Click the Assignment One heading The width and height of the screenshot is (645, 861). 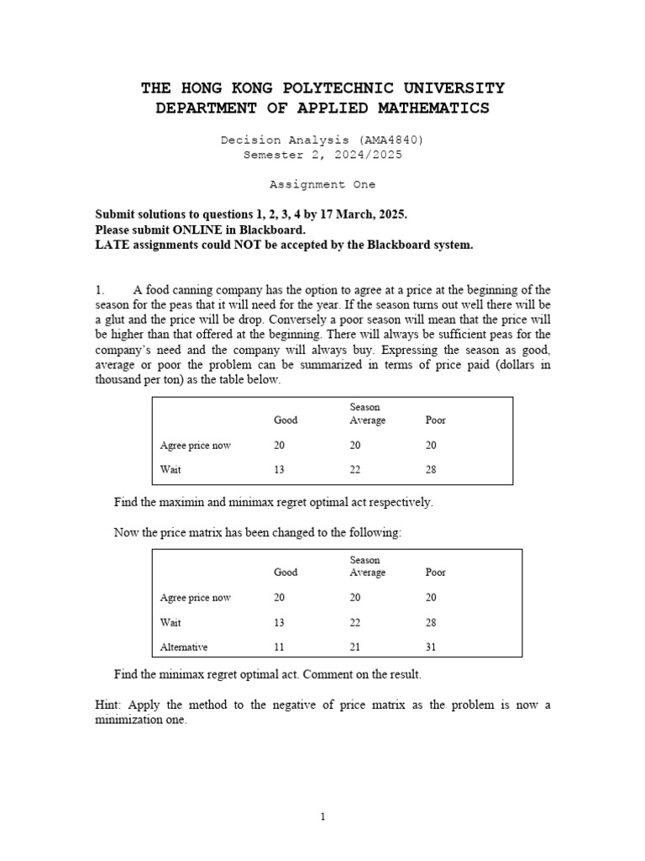322,184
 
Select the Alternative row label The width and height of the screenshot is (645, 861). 184,647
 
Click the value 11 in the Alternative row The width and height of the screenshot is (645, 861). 279,647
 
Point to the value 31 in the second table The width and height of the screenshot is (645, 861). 432,647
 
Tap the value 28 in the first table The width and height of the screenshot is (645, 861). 432,470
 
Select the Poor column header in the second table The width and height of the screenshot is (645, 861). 436,573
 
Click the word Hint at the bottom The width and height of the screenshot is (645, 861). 108,705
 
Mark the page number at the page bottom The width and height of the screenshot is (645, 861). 322,816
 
